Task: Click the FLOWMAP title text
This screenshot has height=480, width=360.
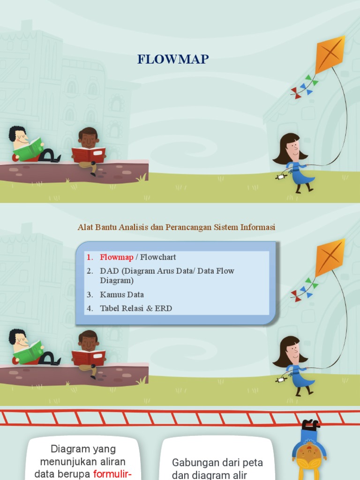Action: click(173, 59)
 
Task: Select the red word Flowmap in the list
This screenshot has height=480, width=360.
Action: click(117, 257)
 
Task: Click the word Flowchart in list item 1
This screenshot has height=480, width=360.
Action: click(158, 257)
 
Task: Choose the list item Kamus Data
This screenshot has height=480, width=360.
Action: click(122, 294)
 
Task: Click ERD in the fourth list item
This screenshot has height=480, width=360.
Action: click(164, 308)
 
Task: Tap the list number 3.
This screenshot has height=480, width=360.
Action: click(90, 294)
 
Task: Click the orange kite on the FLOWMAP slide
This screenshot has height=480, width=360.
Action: click(330, 54)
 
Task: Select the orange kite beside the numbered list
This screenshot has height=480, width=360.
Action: click(330, 257)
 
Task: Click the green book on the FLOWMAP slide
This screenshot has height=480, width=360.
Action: click(28, 150)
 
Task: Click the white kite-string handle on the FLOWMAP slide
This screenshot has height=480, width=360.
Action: click(281, 177)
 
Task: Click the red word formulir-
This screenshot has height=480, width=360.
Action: click(112, 474)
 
